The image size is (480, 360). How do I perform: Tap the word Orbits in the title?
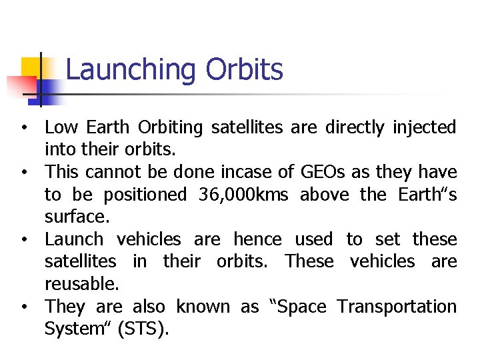244,70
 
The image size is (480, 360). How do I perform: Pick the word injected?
424,127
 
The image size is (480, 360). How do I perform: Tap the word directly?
355,127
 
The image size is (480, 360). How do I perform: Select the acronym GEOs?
323,172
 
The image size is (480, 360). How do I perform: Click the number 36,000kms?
244,195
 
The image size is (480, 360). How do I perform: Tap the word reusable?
81,284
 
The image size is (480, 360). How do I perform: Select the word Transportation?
397,307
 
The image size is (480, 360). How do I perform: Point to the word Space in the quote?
297,307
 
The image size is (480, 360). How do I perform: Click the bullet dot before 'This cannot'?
23,173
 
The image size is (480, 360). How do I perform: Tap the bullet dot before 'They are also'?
23,307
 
